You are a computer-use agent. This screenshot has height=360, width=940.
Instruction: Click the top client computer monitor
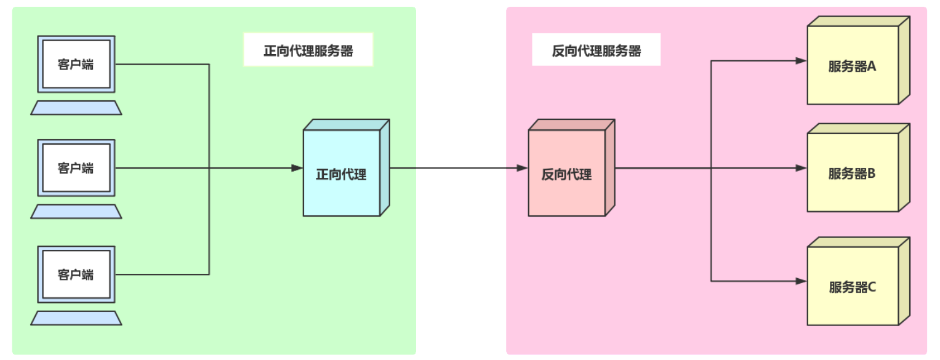click(76, 64)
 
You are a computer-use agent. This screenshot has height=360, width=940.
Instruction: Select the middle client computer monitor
click(76, 168)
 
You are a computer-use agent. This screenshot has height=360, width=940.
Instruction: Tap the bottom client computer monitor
click(76, 274)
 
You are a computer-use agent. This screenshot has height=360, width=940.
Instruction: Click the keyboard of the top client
click(76, 108)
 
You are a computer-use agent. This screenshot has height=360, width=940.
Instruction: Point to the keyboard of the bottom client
click(76, 318)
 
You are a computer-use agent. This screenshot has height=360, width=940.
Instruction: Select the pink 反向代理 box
click(567, 174)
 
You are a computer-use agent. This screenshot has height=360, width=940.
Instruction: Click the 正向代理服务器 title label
click(308, 50)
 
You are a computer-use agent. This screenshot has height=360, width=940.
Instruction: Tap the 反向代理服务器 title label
click(596, 50)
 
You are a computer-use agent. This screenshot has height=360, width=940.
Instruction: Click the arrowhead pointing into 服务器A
click(801, 61)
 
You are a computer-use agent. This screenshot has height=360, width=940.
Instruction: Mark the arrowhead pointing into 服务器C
click(801, 281)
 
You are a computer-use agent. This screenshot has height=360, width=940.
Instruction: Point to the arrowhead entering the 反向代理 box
click(522, 168)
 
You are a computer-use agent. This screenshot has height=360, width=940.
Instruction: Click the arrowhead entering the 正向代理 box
click(297, 168)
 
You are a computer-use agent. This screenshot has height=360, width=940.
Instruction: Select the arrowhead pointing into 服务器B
click(801, 168)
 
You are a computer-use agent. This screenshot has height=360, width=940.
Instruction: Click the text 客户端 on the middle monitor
click(76, 168)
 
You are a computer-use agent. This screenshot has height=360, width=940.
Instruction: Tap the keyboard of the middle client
click(76, 212)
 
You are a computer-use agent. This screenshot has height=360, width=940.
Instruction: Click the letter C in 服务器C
click(872, 287)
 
